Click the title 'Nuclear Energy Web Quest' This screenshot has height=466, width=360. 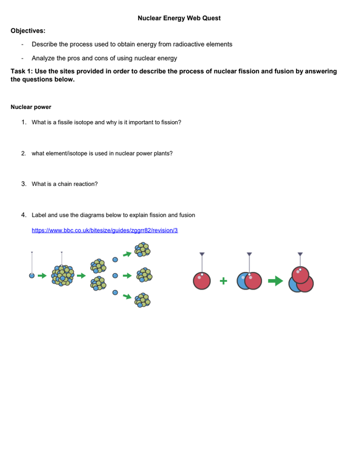179,18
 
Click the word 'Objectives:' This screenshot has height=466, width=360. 28,30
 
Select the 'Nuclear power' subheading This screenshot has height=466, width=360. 31,107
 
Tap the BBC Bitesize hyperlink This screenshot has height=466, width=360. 105,230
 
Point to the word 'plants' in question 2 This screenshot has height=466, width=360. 161,153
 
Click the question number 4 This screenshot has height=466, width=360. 23,215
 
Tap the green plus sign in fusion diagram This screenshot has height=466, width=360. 223,281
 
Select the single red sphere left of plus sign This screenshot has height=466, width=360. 202,281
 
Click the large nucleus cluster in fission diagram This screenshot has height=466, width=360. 63,275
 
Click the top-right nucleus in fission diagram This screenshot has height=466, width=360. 142,250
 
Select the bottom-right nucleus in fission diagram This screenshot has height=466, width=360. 142,300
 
